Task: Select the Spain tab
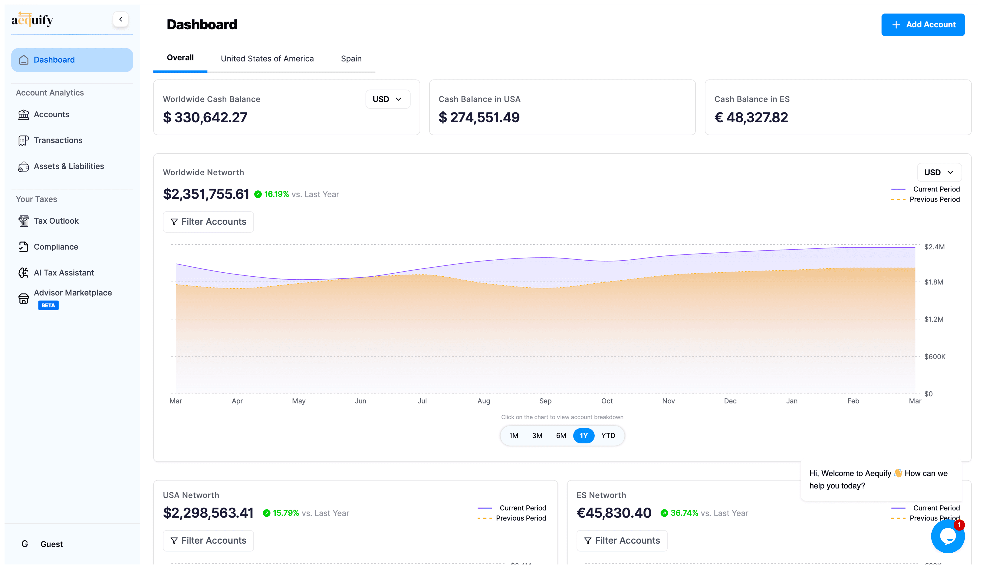[351, 58]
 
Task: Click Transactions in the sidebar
[58, 140]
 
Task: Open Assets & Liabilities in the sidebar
[69, 166]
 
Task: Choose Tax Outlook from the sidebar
[56, 221]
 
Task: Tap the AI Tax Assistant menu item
[64, 273]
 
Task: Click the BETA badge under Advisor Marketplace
[48, 305]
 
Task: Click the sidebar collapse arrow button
[120, 19]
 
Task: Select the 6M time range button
[561, 436]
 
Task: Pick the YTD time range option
[608, 436]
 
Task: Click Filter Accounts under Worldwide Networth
[208, 222]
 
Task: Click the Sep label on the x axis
[545, 401]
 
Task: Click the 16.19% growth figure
[276, 194]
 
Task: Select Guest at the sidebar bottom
[51, 544]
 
